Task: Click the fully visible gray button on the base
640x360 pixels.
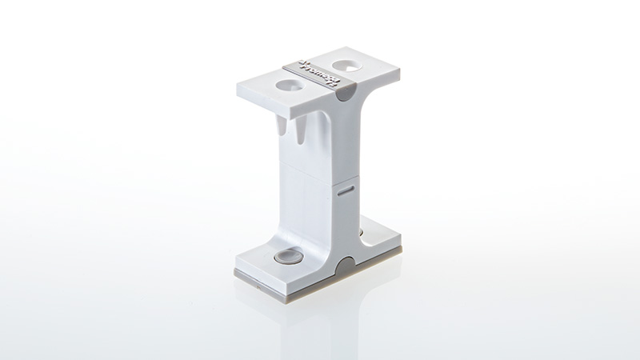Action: tap(287, 258)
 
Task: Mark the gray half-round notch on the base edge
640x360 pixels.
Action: tap(345, 266)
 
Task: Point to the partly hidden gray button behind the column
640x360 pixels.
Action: tap(361, 234)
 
